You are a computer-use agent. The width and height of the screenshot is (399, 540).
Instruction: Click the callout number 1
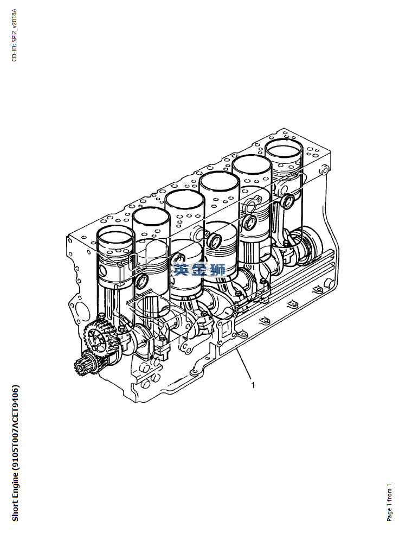tap(253, 385)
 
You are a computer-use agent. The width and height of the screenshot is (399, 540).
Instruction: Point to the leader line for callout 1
tap(244, 364)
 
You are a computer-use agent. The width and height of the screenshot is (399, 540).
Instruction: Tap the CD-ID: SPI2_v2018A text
tap(14, 35)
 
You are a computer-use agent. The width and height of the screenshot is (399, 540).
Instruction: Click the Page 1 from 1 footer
tap(389, 503)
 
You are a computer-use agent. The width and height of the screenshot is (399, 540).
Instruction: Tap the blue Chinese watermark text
tap(200, 270)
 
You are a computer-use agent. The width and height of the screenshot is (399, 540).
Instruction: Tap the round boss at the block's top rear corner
tap(323, 169)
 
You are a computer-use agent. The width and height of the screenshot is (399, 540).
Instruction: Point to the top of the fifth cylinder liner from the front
tap(252, 166)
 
